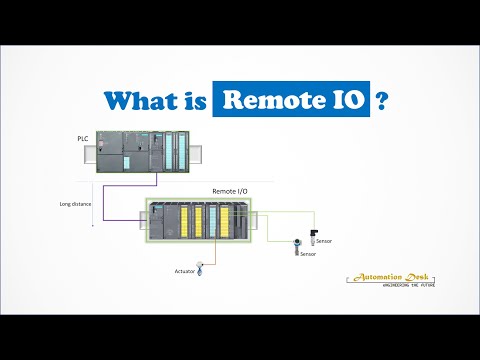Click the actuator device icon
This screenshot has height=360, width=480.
tap(200, 267)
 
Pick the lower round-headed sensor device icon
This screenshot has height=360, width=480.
tap(297, 246)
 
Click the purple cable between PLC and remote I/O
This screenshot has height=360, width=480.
tap(124, 190)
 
